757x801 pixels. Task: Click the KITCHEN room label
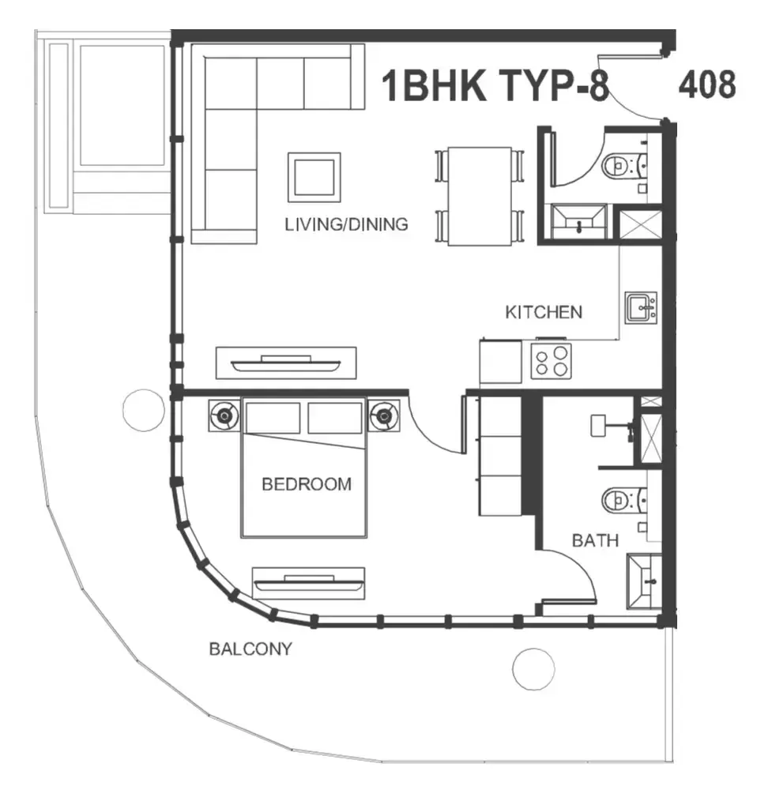[x=544, y=312]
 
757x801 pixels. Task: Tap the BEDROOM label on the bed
[x=306, y=483]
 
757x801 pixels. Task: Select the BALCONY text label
[x=250, y=649]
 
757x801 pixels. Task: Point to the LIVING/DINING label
[x=346, y=224]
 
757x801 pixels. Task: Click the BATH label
[x=595, y=540]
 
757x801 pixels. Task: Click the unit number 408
[x=707, y=85]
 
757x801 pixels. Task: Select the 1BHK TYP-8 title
[x=495, y=85]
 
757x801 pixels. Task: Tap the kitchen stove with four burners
[x=551, y=361]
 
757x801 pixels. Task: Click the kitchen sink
[x=641, y=308]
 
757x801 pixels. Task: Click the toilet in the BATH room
[x=624, y=501]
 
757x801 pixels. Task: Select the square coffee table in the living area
[x=314, y=177]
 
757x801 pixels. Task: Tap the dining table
[x=480, y=197]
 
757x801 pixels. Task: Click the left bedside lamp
[x=224, y=416]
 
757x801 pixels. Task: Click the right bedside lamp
[x=384, y=416]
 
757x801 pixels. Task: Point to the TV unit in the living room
[x=286, y=363]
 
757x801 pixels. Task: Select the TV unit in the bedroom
[x=308, y=583]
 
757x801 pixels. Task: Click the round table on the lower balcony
[x=533, y=669]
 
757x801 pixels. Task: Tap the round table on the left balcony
[x=144, y=410]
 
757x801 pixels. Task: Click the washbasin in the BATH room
[x=644, y=581]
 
